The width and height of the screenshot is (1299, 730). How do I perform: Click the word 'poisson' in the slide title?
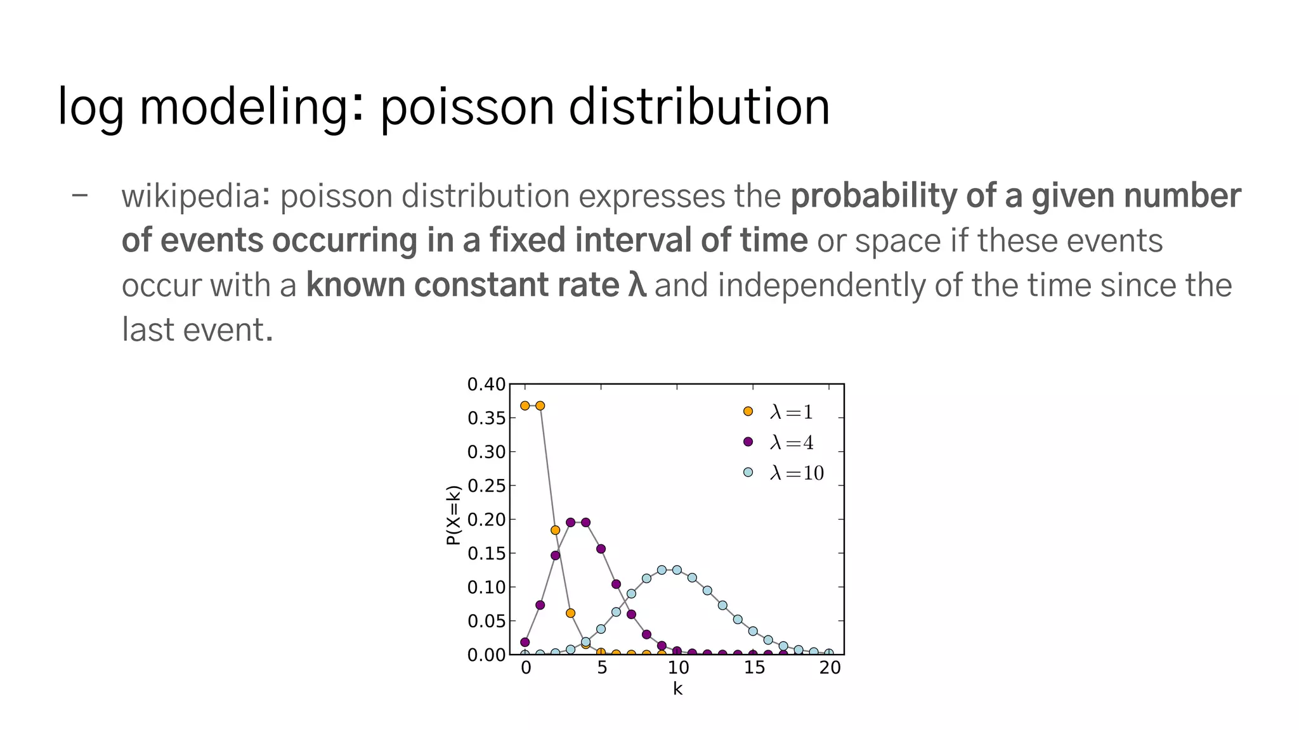coord(466,107)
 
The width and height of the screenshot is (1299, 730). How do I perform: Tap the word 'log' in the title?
coord(90,107)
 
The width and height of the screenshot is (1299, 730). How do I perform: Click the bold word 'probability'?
coord(873,196)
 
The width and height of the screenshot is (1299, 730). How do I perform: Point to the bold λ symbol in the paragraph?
coord(637,285)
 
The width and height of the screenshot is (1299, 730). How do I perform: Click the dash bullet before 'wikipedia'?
coord(80,195)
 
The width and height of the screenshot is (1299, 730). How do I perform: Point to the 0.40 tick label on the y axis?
coord(486,385)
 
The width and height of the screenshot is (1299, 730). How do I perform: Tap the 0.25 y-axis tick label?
coord(486,486)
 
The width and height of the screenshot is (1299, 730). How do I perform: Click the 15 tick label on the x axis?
coord(754,668)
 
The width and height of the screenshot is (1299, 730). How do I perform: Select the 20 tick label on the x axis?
coord(830,668)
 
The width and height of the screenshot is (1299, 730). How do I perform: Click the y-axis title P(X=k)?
coord(453,515)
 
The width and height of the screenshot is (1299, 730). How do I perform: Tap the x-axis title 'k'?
coord(677,689)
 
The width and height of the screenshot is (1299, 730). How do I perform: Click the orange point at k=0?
coord(525,406)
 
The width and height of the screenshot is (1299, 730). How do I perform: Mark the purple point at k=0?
coord(525,642)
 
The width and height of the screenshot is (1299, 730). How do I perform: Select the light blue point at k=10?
coord(677,570)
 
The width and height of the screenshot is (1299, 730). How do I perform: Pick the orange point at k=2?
coord(556,530)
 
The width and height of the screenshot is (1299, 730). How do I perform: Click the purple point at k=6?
coord(616,584)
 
